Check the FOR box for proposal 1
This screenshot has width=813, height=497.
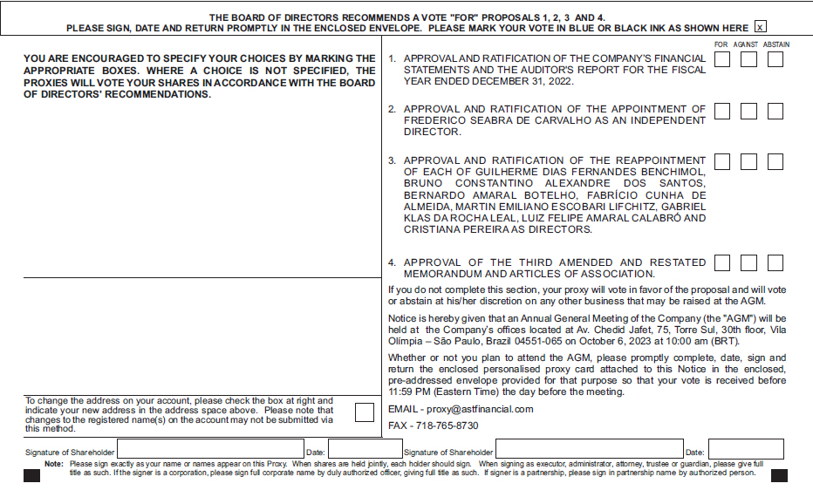[722, 59]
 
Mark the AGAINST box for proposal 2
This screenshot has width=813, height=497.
[748, 112]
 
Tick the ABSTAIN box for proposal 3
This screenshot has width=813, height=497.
[775, 161]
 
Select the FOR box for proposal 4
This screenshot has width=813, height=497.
[722, 262]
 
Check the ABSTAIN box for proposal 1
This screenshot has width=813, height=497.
[775, 59]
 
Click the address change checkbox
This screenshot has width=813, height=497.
[365, 412]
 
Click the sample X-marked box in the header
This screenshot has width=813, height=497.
[761, 28]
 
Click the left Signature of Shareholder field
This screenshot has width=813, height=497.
[209, 450]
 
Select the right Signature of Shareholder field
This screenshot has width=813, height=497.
[589, 450]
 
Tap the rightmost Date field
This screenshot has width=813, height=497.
[746, 450]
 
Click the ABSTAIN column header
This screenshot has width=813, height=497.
[775, 44]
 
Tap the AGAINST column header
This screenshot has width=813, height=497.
[746, 44]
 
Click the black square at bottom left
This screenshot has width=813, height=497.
[32, 476]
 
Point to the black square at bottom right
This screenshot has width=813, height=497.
[779, 476]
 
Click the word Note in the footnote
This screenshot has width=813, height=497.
[54, 464]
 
